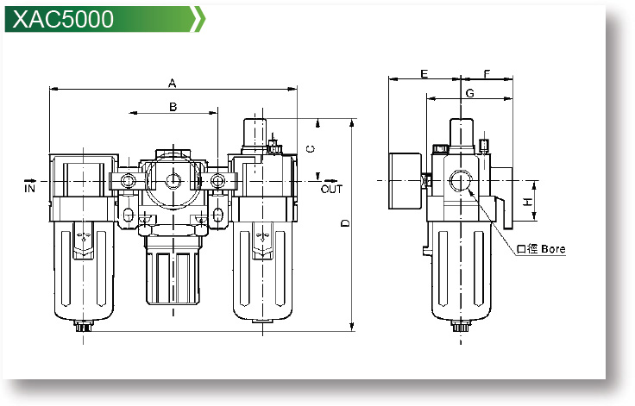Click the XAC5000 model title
64,19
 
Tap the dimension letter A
172,84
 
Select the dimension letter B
173,107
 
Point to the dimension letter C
310,148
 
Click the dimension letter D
343,224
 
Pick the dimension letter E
424,74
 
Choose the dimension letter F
487,74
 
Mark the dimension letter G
469,92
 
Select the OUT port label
331,188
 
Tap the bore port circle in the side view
460,182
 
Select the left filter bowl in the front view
84,267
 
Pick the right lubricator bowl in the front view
264,267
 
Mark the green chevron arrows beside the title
198,19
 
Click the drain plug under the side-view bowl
459,327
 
